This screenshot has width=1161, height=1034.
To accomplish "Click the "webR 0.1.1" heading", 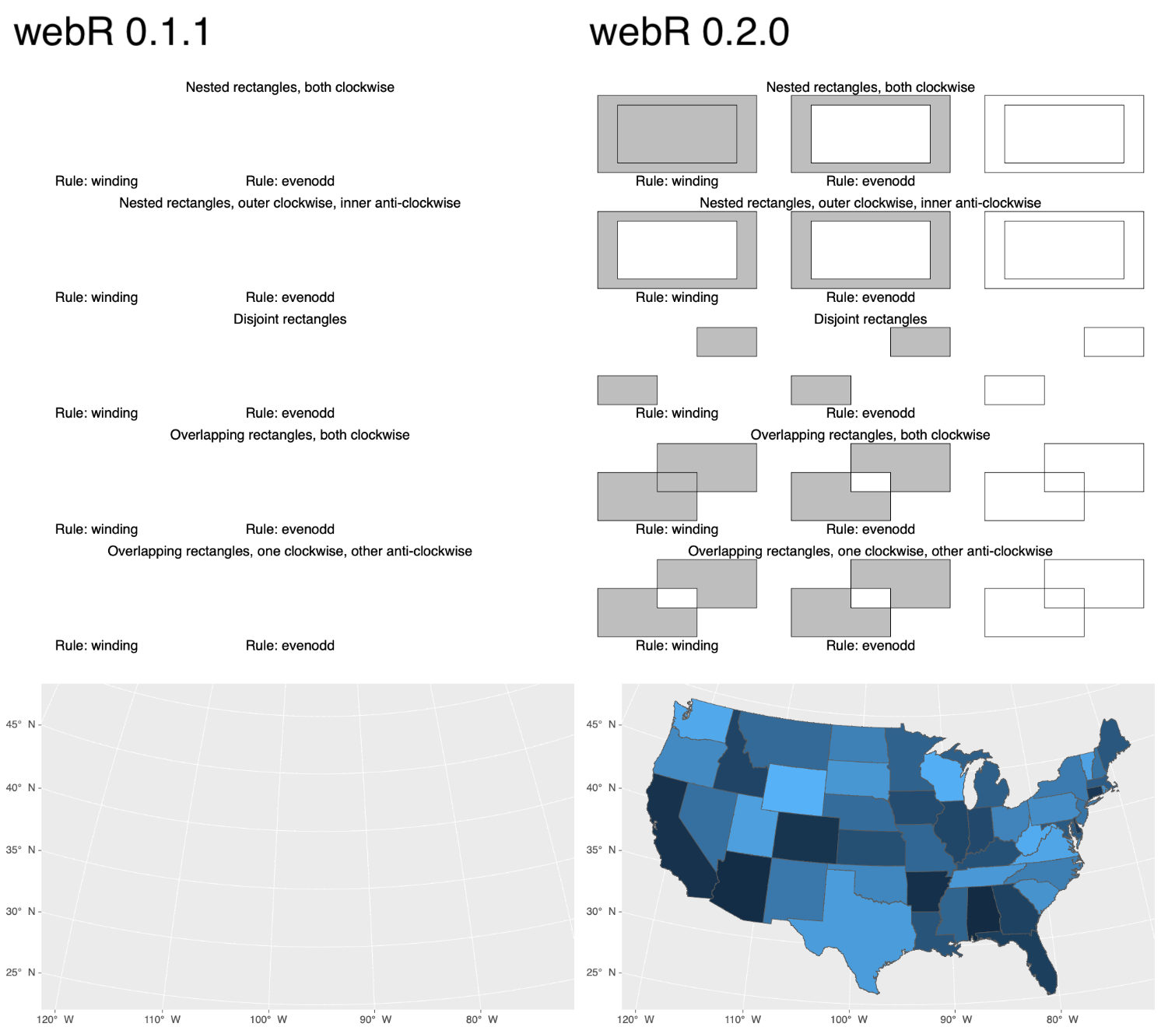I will click(112, 33).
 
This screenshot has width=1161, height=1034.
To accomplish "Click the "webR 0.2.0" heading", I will click(689, 33).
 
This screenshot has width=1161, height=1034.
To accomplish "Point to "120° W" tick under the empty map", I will click(55, 1019).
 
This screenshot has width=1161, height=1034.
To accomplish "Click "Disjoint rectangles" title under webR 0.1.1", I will click(289, 319).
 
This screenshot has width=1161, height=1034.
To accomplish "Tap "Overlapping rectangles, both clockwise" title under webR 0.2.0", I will click(870, 435).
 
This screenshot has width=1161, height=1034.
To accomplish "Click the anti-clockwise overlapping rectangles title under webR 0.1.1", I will click(289, 551).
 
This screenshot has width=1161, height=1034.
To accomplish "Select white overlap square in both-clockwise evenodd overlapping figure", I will click(870, 482).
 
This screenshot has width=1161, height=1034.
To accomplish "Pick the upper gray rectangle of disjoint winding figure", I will click(726, 342).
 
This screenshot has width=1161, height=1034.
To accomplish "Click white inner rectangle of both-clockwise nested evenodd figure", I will click(870, 134).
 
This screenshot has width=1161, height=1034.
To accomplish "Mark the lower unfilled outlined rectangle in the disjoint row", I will click(1014, 390).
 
